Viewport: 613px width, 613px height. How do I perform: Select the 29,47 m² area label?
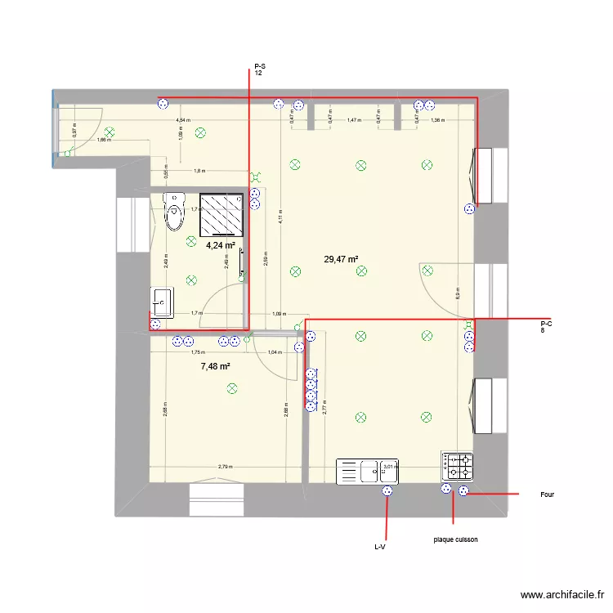[x=342, y=260]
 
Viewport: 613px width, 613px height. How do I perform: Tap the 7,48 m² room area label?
[x=215, y=367]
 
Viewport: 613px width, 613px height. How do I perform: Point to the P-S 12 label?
[x=258, y=69]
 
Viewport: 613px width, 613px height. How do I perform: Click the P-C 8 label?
[x=546, y=327]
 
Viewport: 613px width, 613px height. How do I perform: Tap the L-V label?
[x=379, y=546]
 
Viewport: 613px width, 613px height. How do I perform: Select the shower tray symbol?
[x=221, y=215]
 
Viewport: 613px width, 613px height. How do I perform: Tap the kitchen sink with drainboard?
[x=367, y=471]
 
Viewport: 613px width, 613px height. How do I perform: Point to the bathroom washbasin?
[x=161, y=302]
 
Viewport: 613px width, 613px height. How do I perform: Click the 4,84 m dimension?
[x=182, y=120]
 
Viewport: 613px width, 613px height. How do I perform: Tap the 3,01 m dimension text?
[x=389, y=467]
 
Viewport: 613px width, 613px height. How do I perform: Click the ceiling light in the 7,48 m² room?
[x=232, y=388]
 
